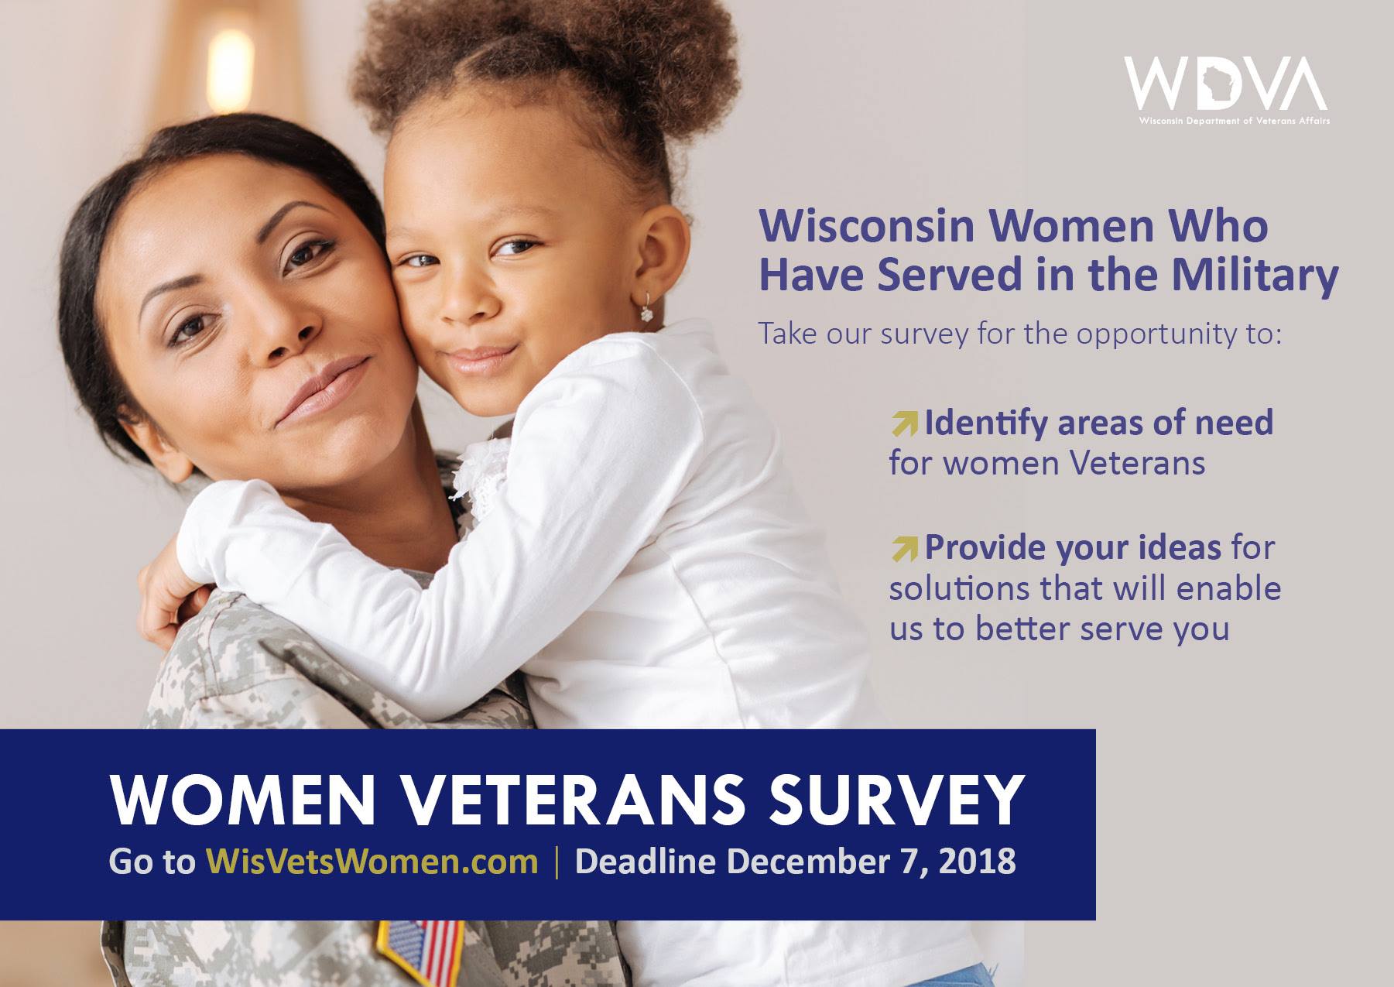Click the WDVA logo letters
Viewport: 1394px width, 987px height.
(x=1226, y=84)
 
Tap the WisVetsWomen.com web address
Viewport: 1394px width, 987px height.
(x=372, y=862)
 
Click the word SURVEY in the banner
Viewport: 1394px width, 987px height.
(x=896, y=800)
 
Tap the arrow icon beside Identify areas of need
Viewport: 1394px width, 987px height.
(x=903, y=423)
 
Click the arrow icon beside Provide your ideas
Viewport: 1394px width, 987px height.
(x=903, y=548)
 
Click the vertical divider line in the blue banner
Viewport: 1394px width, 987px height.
(x=557, y=862)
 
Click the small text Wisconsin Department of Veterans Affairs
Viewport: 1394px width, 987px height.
(x=1234, y=121)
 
